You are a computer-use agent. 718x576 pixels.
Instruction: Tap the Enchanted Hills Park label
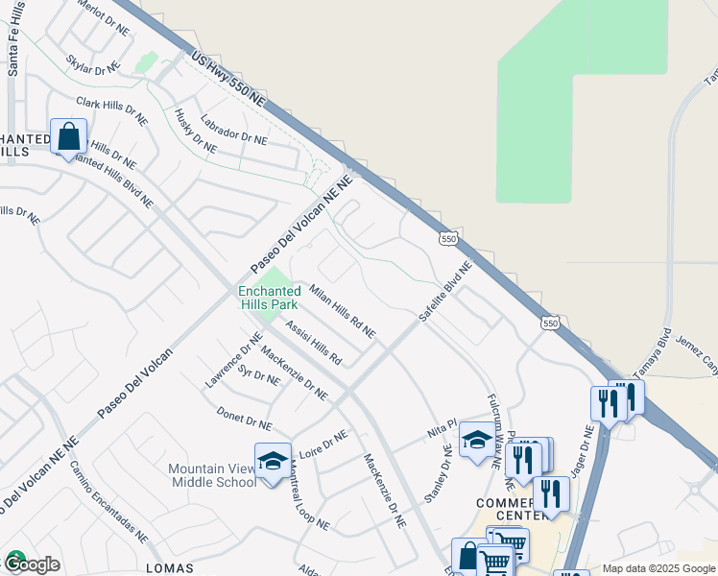pyautogui.click(x=269, y=298)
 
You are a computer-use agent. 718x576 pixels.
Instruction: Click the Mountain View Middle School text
pyautogui.click(x=212, y=475)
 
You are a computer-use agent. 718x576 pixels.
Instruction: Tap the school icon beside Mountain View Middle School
pyautogui.click(x=273, y=459)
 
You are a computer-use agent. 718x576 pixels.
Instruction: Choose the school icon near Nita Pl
pyautogui.click(x=477, y=440)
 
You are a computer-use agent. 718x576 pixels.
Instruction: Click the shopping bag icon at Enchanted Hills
pyautogui.click(x=69, y=136)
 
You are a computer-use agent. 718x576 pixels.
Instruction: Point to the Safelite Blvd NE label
pyautogui.click(x=445, y=291)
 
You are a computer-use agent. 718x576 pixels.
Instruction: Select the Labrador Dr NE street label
pyautogui.click(x=233, y=130)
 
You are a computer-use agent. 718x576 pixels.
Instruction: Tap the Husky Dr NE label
pyautogui.click(x=195, y=131)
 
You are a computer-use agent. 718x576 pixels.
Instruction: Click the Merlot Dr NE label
pyautogui.click(x=101, y=18)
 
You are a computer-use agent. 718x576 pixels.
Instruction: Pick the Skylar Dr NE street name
pyautogui.click(x=93, y=62)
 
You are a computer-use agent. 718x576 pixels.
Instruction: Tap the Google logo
pyautogui.click(x=32, y=564)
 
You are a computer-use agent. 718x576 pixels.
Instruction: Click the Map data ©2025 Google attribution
pyautogui.click(x=658, y=568)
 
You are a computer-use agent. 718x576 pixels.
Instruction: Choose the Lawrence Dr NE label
pyautogui.click(x=233, y=360)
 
